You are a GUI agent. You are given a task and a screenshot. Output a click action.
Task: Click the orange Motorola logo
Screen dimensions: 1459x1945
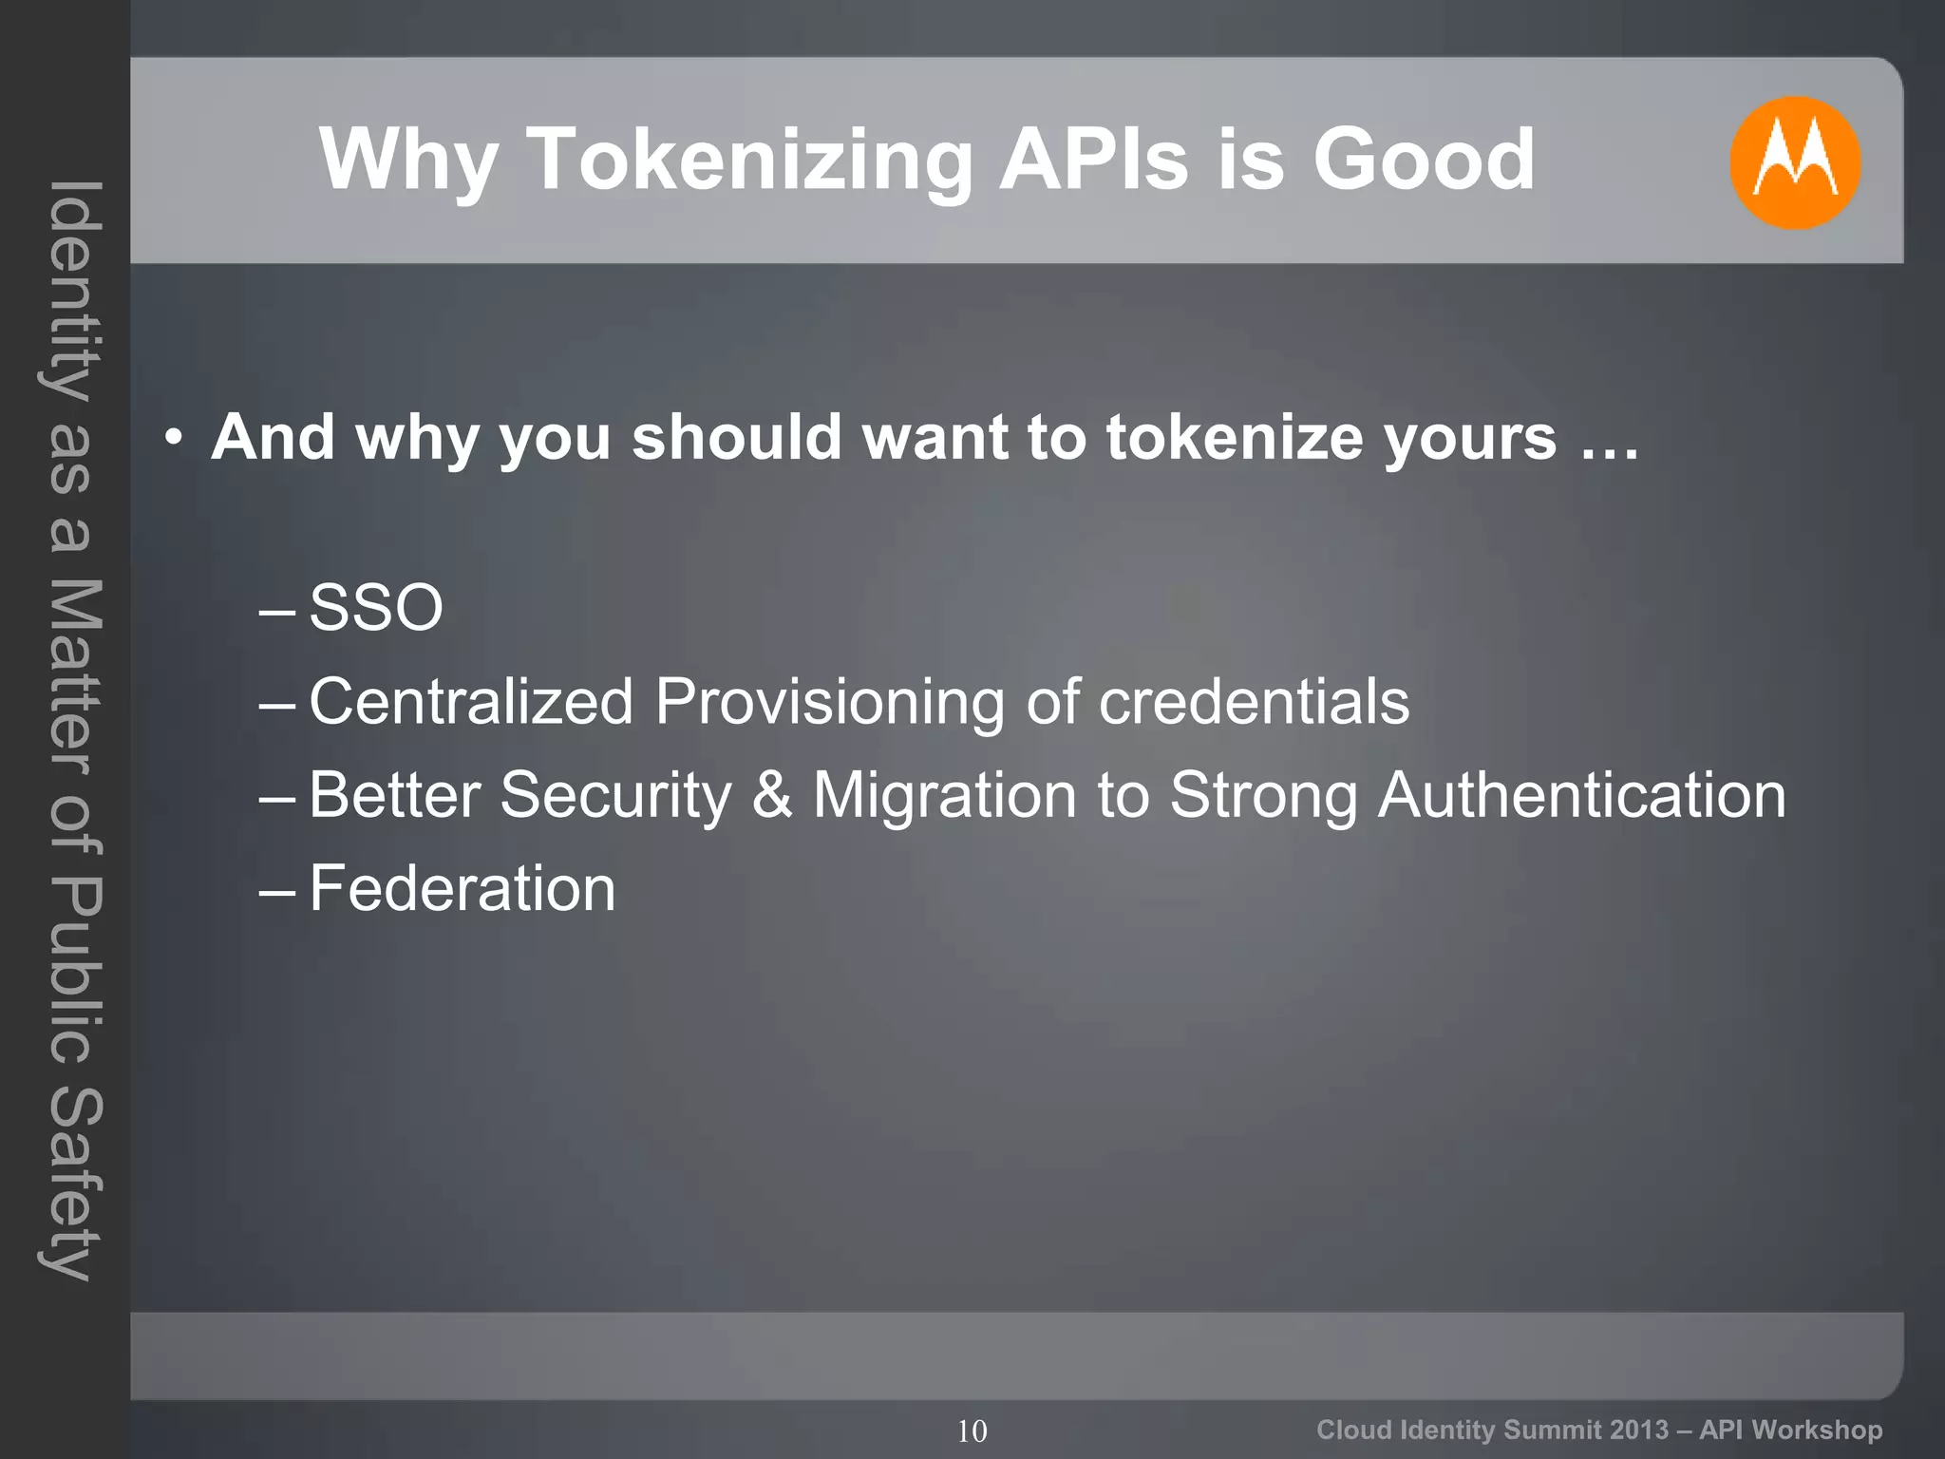pyautogui.click(x=1794, y=162)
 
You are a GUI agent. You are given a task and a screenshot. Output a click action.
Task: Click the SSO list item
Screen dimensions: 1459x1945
pyautogui.click(x=376, y=608)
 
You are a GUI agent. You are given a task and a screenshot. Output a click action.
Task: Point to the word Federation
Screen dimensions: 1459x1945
pyautogui.click(x=463, y=889)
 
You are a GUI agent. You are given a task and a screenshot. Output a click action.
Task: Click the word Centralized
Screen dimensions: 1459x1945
pyautogui.click(x=471, y=702)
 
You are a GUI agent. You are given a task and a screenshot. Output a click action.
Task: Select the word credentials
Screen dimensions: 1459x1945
pyautogui.click(x=1254, y=702)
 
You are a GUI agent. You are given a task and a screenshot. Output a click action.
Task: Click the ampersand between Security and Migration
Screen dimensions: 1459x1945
pyautogui.click(x=772, y=795)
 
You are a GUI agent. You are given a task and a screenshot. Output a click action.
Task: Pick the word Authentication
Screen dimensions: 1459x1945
pyautogui.click(x=1582, y=795)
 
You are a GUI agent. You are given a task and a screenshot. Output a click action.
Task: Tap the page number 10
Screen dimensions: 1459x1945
pyautogui.click(x=972, y=1431)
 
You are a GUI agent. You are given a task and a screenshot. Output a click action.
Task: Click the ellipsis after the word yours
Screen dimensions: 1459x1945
pyautogui.click(x=1610, y=439)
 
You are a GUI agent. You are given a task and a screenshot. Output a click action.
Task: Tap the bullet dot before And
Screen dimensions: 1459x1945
pyautogui.click(x=172, y=439)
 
